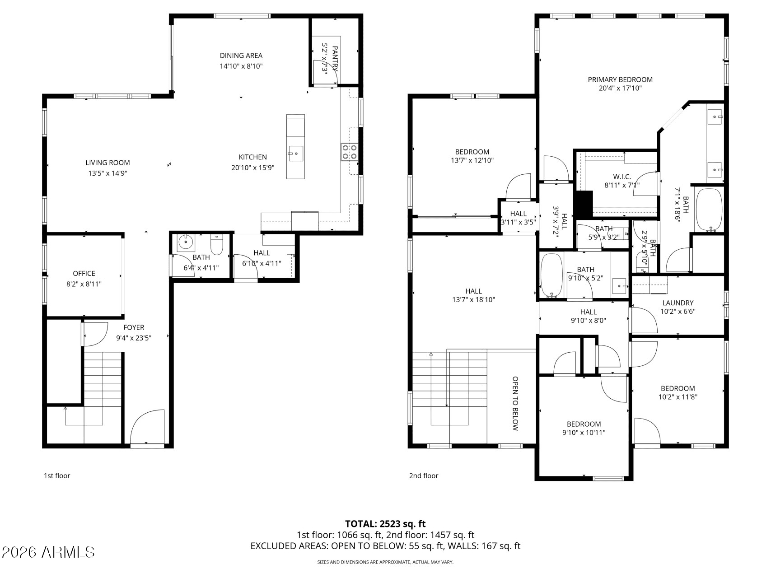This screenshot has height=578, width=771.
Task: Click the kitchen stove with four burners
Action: coord(349,152)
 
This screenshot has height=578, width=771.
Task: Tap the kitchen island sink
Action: coord(296,153)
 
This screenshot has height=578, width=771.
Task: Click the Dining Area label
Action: coord(241,56)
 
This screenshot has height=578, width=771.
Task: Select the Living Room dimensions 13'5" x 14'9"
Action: coord(107,173)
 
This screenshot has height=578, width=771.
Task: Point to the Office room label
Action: coord(84,273)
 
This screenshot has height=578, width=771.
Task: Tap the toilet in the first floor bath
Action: coord(217,245)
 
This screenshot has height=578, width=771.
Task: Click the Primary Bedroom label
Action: coord(620,79)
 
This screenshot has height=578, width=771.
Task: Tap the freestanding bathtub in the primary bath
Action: coord(708,210)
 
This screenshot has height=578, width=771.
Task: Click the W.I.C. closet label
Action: coord(621,177)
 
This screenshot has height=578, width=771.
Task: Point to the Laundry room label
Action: coord(678,303)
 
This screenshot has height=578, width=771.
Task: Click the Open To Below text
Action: coord(514,403)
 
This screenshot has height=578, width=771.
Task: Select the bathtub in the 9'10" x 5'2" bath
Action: coord(551,276)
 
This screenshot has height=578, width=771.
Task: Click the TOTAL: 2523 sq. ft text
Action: coord(385,524)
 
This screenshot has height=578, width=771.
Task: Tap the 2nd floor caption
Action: coord(423,475)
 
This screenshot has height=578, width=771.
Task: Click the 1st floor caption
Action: coord(57,475)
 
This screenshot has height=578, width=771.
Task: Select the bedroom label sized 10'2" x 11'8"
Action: coord(678,388)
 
